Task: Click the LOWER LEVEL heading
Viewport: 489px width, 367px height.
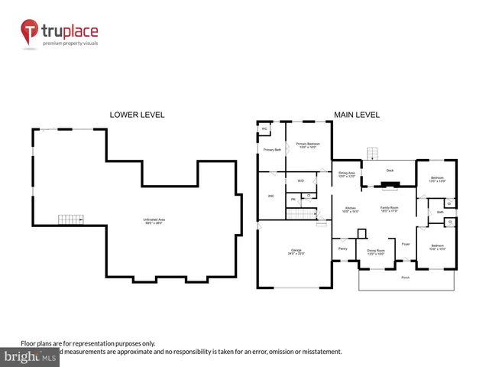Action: (138, 115)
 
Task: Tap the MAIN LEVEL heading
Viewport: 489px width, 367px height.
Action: (356, 115)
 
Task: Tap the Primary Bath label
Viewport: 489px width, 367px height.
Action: (272, 150)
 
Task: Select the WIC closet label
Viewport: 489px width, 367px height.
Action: (270, 196)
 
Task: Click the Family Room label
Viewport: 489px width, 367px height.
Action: (390, 209)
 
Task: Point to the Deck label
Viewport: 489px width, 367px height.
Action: (389, 171)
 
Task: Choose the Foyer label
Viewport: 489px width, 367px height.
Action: (406, 244)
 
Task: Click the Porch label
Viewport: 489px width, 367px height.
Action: (405, 277)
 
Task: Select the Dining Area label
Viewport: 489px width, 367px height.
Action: (347, 174)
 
